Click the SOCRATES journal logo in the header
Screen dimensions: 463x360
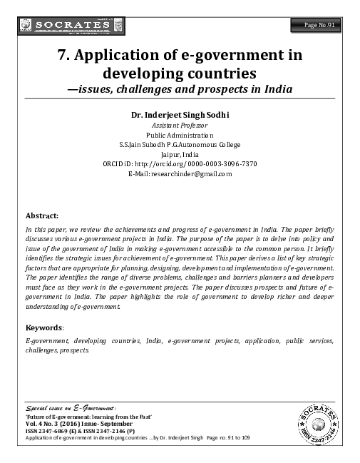[64, 26]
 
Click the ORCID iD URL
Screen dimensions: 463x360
[180, 163]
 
